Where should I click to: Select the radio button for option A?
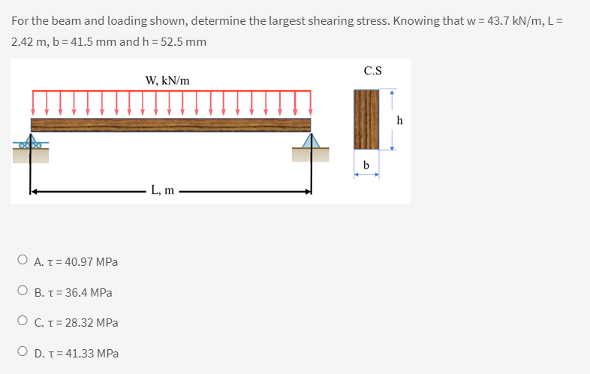(23, 260)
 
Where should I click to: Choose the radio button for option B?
(23, 291)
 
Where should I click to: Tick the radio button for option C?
(23, 321)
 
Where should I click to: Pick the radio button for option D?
(23, 351)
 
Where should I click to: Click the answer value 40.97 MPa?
(91, 261)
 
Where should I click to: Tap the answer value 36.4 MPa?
(89, 292)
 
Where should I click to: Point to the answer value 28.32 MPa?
(92, 323)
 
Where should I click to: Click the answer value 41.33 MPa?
(92, 353)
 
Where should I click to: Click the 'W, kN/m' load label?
(167, 80)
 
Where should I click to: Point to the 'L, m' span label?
(163, 190)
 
